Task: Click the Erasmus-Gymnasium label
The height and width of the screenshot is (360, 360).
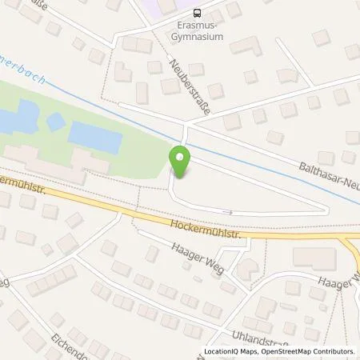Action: (197, 28)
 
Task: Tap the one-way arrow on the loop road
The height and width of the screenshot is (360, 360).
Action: (228, 212)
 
